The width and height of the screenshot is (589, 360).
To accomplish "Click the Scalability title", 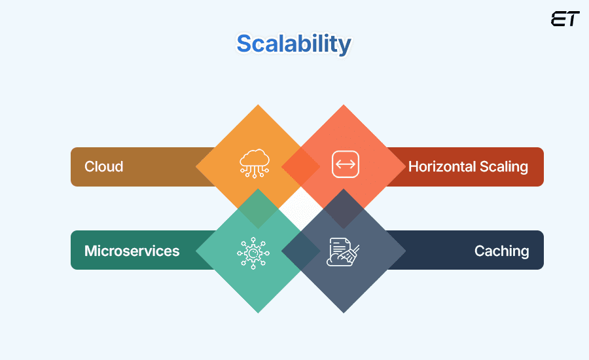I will [x=294, y=44].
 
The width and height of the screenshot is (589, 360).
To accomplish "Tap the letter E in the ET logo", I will [x=558, y=19].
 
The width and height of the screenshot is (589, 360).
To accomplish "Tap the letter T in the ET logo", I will [x=573, y=19].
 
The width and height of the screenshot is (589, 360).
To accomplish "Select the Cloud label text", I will [x=103, y=166].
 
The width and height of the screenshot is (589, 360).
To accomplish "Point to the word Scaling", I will [x=503, y=166].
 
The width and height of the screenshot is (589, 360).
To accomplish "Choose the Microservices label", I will [x=132, y=251].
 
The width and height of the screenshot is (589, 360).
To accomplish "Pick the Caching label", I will [x=501, y=251].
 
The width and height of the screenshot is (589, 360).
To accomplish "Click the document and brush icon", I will [x=343, y=251].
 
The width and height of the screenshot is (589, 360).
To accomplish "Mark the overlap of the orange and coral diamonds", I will [x=300, y=166].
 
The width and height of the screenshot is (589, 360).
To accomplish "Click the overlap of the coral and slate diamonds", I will [x=344, y=209].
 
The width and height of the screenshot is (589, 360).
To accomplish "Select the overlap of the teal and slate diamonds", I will [x=300, y=251].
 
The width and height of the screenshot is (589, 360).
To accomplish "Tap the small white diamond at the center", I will [x=300, y=209].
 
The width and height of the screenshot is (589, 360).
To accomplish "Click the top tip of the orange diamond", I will [x=258, y=105].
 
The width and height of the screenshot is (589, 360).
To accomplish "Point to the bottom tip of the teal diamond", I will [x=258, y=312].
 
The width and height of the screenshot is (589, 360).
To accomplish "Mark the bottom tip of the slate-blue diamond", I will [x=344, y=312].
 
